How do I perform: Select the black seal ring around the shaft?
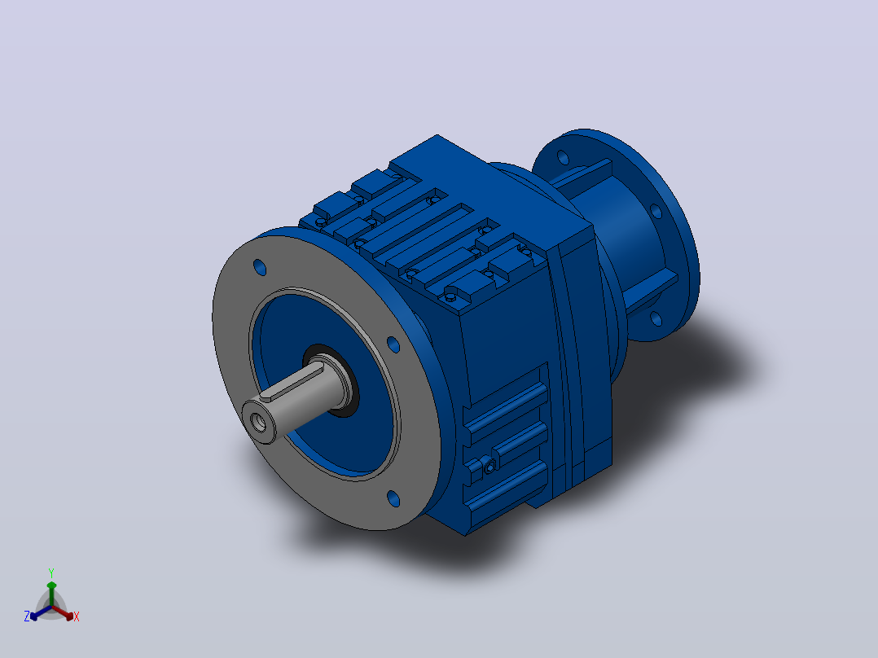tap(331, 380)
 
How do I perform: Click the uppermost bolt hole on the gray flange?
tap(260, 267)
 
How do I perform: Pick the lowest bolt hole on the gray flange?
tap(393, 498)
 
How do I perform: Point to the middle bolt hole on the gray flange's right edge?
tap(393, 344)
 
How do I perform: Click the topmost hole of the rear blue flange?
tap(563, 157)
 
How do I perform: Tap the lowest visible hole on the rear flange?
tap(656, 318)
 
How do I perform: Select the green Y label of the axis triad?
tap(51, 572)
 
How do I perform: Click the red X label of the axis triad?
tap(77, 616)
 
